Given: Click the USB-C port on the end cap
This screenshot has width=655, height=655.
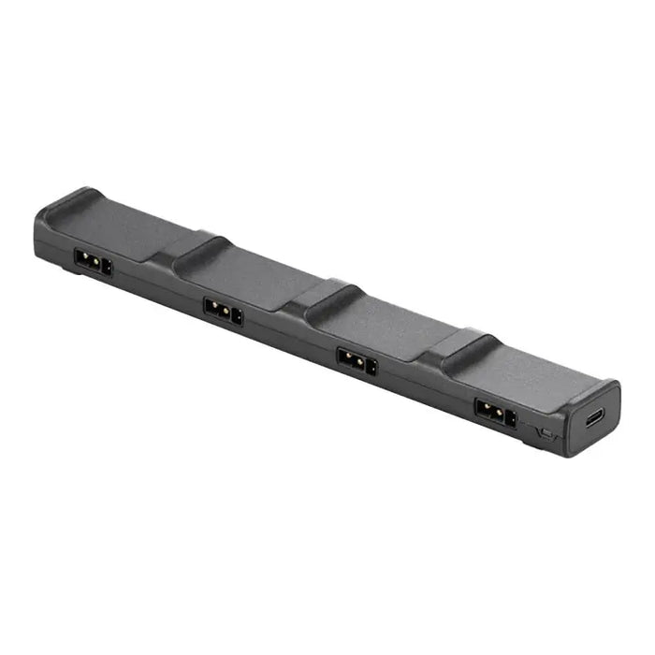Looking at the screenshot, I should [594, 417].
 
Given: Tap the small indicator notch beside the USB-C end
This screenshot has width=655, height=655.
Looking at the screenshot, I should [546, 432].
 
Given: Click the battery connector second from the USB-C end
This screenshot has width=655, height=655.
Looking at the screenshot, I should [357, 360].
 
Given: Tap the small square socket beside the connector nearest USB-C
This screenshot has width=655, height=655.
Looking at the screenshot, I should [511, 417].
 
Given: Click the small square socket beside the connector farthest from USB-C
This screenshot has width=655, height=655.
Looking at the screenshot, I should [107, 268].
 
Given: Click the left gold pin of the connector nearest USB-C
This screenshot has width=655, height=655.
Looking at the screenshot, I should [486, 408].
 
